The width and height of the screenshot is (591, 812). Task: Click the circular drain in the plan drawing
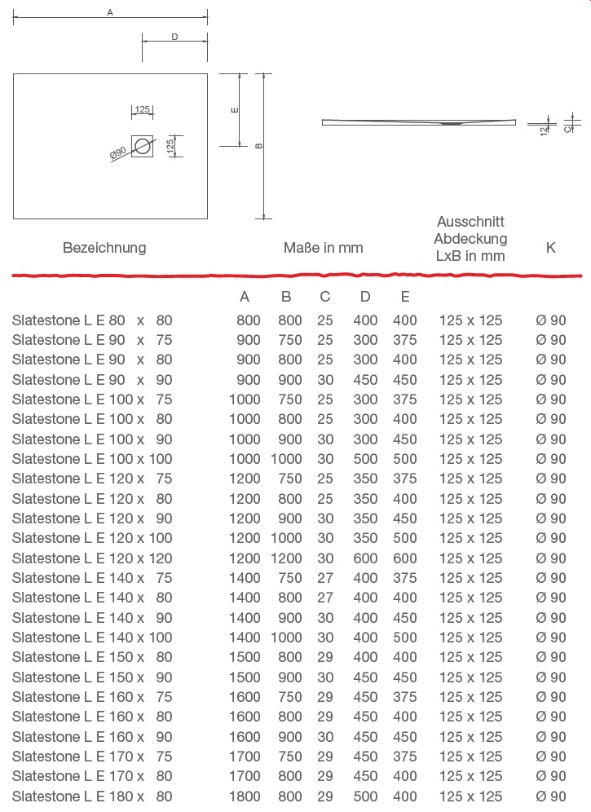click(143, 147)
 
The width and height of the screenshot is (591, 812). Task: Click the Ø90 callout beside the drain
click(117, 153)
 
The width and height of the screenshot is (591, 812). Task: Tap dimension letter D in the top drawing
click(174, 37)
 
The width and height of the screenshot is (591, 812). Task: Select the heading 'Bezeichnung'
click(104, 247)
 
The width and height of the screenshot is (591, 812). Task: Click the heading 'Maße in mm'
click(323, 247)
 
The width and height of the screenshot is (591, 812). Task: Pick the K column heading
click(550, 247)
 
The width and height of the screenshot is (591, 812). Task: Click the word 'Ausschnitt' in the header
click(470, 222)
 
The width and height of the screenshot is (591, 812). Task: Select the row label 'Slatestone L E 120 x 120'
click(92, 558)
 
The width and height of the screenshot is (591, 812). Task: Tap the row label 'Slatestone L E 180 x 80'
click(92, 797)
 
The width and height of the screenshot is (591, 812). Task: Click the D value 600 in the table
click(365, 558)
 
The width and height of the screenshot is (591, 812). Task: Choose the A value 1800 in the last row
click(245, 797)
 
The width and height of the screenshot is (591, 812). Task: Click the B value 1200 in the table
click(285, 558)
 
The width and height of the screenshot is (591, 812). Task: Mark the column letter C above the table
click(325, 297)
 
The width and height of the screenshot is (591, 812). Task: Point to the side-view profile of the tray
click(419, 122)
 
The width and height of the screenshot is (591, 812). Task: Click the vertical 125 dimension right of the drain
click(170, 147)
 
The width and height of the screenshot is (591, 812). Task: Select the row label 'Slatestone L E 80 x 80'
click(92, 320)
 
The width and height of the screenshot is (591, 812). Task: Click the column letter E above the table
click(405, 297)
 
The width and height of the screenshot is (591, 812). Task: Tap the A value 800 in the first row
click(248, 320)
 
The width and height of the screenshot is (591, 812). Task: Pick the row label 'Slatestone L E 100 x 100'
click(92, 459)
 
